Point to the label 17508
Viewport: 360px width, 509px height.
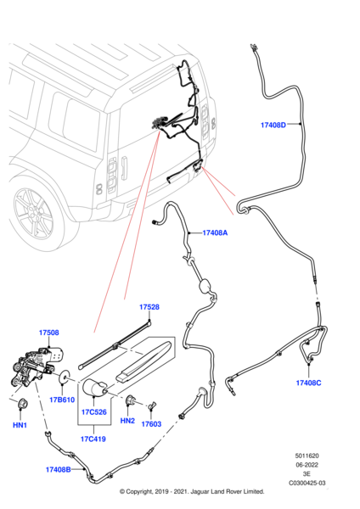click(48, 333)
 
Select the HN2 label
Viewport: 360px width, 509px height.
click(127, 421)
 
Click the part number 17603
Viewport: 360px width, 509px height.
click(151, 424)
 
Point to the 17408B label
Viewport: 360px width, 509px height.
click(61, 468)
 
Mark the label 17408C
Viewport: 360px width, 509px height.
click(310, 383)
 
